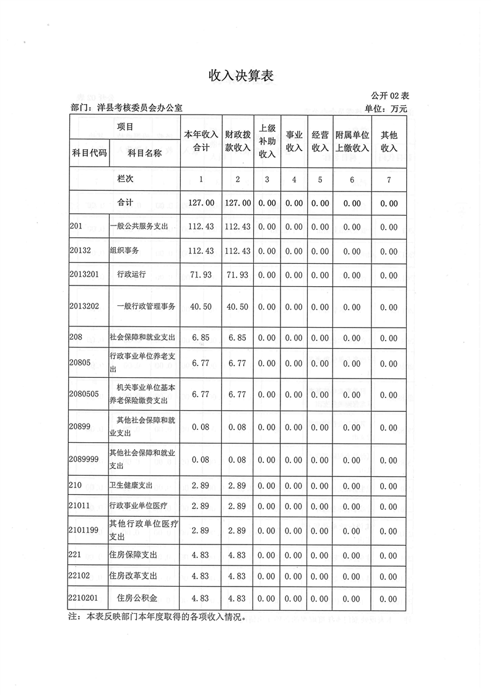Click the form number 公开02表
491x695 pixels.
[x=390, y=96]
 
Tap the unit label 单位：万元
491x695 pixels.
[x=386, y=109]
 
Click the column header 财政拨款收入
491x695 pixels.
[x=237, y=141]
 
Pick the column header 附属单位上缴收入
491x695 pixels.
[x=352, y=141]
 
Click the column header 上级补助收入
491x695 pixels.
[x=267, y=141]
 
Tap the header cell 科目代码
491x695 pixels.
[x=89, y=153]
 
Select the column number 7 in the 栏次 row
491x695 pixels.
[x=389, y=179]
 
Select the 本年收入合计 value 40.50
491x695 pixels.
[x=201, y=307]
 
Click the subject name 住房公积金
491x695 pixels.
[x=137, y=598]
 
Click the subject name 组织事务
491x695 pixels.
[x=124, y=250]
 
